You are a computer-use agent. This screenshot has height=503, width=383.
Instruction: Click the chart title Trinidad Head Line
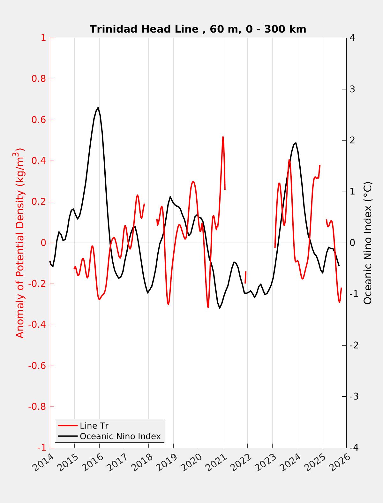[x=198, y=29]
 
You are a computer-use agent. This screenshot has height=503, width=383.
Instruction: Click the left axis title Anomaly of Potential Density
[x=20, y=243]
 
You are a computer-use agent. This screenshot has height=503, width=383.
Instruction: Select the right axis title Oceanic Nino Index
[x=368, y=243]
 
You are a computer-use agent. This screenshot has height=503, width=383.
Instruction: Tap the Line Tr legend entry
[x=94, y=426]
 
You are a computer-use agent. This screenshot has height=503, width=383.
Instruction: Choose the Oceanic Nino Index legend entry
[x=120, y=436]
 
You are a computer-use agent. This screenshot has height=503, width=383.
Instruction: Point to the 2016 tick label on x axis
[x=94, y=462]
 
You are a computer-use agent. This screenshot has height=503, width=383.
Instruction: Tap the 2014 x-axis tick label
[x=45, y=462]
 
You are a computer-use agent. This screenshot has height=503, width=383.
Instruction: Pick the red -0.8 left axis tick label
[x=37, y=407]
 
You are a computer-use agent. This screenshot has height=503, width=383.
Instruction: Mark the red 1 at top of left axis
[x=43, y=38]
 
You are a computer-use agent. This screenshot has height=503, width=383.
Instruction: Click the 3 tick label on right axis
[x=352, y=89]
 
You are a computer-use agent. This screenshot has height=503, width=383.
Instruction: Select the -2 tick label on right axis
[x=354, y=345]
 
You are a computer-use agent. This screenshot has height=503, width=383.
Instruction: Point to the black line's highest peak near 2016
[x=98, y=108]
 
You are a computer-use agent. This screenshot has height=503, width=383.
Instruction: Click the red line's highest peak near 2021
[x=223, y=137]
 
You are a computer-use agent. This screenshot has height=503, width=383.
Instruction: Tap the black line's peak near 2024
[x=296, y=143]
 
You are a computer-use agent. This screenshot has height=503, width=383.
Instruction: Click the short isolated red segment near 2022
[x=245, y=277]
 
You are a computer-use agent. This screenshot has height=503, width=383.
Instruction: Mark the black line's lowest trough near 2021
[x=220, y=308]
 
